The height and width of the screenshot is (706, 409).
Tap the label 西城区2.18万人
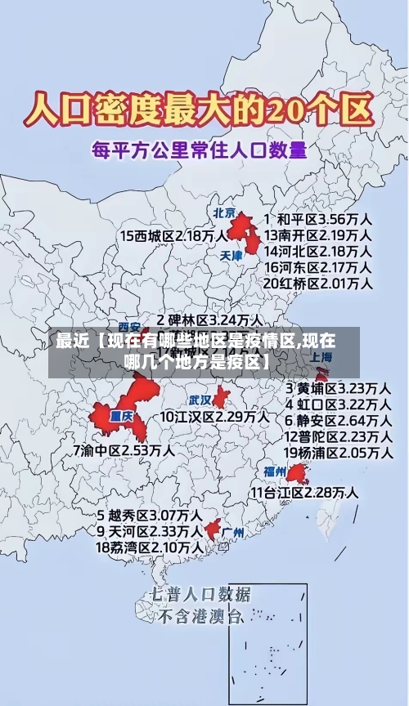click(x=174, y=235)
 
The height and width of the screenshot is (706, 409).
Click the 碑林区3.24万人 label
click(x=210, y=319)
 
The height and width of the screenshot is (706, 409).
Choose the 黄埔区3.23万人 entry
click(x=337, y=387)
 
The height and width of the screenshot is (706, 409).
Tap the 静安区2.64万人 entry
click(x=337, y=420)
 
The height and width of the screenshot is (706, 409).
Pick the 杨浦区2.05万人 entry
click(x=337, y=452)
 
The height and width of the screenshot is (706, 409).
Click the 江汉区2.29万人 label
click(x=214, y=417)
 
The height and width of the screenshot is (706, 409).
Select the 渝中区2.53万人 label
click(x=124, y=449)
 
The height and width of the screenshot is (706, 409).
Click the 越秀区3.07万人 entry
click(x=150, y=516)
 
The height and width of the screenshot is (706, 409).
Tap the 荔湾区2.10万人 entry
click(x=150, y=547)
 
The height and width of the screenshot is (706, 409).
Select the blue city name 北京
click(x=224, y=212)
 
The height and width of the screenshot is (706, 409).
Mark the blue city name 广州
click(x=233, y=532)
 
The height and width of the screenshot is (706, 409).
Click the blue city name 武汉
click(x=200, y=400)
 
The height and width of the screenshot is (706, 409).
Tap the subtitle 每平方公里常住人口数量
click(x=199, y=150)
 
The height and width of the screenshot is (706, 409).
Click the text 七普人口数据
click(x=200, y=594)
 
